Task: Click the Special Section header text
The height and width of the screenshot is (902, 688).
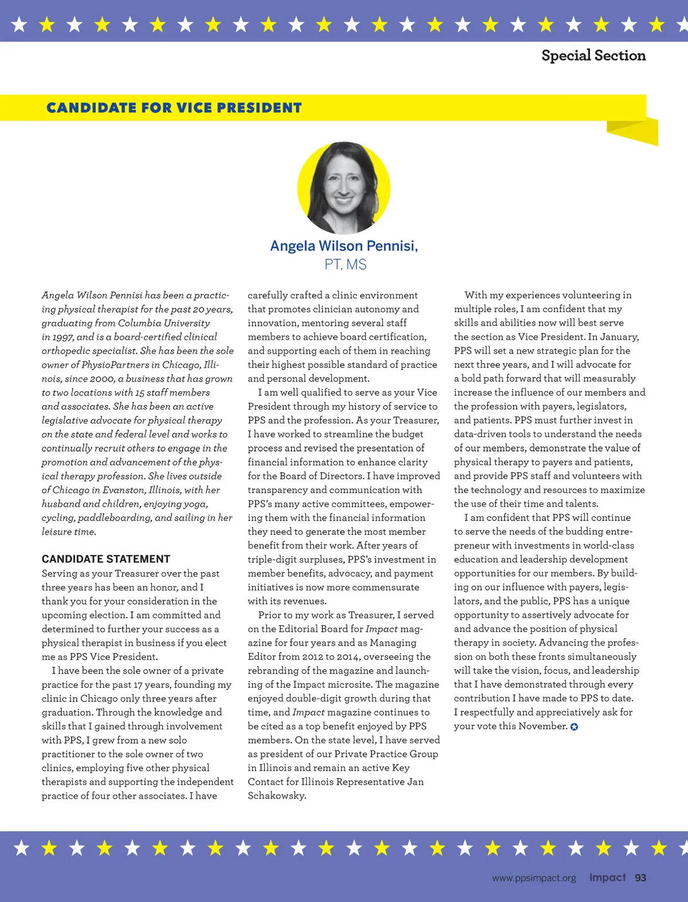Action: click(593, 56)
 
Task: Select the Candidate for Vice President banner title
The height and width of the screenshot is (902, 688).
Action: click(174, 108)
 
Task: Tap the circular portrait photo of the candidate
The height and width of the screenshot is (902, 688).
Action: click(344, 188)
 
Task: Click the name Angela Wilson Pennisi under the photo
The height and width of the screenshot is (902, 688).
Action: click(344, 246)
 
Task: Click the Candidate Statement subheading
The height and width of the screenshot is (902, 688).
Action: click(106, 559)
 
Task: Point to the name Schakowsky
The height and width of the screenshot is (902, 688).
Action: click(276, 796)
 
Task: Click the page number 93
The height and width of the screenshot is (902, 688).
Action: click(640, 878)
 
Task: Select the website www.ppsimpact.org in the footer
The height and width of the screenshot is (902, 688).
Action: click(534, 878)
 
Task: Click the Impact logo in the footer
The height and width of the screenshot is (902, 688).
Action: click(607, 878)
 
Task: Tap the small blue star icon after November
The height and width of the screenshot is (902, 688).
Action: click(574, 727)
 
